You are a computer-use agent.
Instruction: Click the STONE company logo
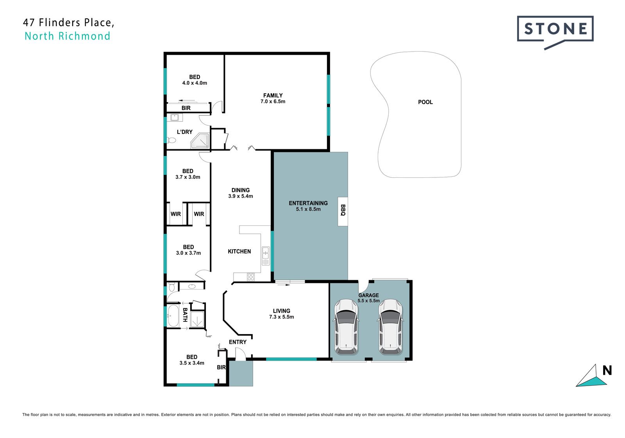pos(555,32)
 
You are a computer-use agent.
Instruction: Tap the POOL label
pos(425,102)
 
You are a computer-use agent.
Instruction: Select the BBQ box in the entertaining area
pos(343,211)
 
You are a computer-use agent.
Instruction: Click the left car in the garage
pos(346,327)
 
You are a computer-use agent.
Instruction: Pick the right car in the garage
pos(390,327)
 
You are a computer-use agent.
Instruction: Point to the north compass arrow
pos(591,376)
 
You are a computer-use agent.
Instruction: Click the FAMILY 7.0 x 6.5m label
pos(273,98)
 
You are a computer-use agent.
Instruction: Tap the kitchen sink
pos(266,256)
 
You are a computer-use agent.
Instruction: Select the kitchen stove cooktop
pos(250,277)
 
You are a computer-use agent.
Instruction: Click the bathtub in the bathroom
pos(173,316)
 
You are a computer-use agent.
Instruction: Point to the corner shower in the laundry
pos(200,141)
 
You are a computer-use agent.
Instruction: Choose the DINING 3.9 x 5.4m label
pos(241,193)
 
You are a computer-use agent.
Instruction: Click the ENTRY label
pos(237,342)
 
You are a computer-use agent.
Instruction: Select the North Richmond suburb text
pos(67,36)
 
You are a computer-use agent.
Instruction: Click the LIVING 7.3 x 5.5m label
pos(281,314)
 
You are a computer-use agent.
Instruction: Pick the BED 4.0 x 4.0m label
pos(195,80)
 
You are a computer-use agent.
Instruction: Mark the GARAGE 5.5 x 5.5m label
pos(369,298)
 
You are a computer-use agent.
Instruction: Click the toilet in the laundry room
pos(171,140)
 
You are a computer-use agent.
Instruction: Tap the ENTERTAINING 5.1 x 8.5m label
pos(308,206)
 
